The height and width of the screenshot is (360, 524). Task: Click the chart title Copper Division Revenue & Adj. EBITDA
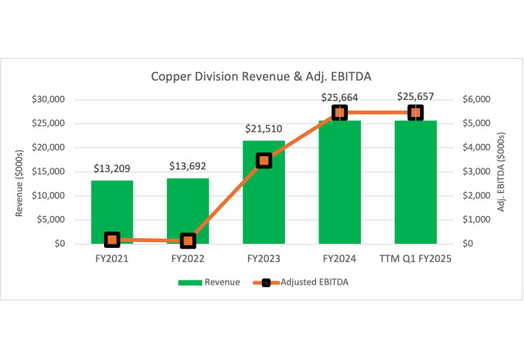coord(261,77)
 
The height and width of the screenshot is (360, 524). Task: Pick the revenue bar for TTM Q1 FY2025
coord(415,188)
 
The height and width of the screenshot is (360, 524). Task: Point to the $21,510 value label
coord(264,128)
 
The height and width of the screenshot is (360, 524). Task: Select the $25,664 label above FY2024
coord(340,97)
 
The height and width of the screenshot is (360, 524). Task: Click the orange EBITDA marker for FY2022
coord(187,241)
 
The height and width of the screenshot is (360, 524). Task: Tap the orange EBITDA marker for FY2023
coord(264,160)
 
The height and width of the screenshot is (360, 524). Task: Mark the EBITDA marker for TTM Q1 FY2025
coord(415,113)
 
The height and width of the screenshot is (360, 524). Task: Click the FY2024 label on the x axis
coord(340,259)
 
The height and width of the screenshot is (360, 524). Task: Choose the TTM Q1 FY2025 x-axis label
coord(415,259)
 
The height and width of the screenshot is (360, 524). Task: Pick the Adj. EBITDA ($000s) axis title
coord(501,172)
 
